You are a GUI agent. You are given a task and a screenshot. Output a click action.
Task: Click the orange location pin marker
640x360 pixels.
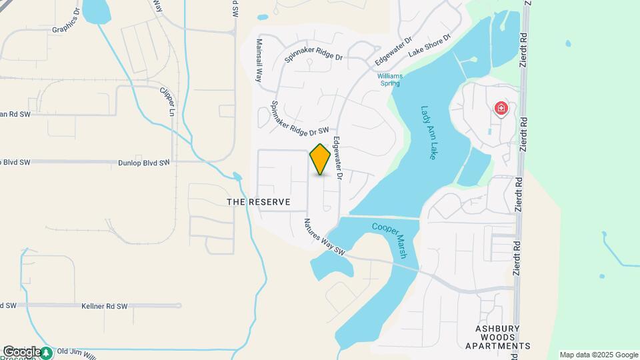(321, 159)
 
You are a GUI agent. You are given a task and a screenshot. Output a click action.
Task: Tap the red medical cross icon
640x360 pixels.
(501, 108)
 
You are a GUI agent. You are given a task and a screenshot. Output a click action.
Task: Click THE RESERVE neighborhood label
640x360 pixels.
(259, 202)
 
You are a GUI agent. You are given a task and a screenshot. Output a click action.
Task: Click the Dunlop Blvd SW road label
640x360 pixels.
(143, 162)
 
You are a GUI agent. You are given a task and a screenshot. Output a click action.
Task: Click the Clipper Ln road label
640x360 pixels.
(167, 99)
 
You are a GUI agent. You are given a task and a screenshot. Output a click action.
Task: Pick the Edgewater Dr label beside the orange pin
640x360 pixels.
(337, 159)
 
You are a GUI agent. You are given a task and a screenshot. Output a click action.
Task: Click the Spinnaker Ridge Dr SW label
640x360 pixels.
(300, 120)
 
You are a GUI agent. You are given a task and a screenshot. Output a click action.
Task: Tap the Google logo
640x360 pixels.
(22, 351)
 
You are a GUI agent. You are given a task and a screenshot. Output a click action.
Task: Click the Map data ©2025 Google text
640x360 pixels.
(599, 355)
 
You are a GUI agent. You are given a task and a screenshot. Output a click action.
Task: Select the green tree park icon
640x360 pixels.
(47, 352)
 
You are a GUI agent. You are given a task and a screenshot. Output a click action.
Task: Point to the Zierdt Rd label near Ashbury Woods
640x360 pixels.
(517, 254)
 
